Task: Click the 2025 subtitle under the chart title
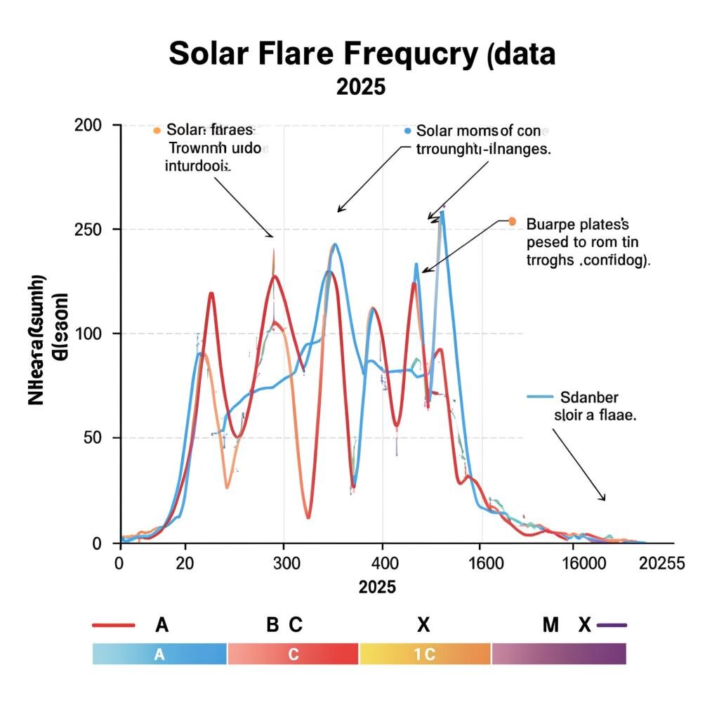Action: coord(361,87)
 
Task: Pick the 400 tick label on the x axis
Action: coord(382,563)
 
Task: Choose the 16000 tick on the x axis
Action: coord(583,563)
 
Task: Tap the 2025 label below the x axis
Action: coord(377,587)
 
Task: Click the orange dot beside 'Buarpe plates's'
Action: coord(511,222)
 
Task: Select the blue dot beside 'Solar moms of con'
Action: coord(407,131)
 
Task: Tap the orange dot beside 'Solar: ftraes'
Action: coord(157,131)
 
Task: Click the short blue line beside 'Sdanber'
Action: coord(541,397)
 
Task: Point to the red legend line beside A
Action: coord(113,625)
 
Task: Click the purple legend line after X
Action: coord(610,625)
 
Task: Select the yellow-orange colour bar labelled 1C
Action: coord(425,654)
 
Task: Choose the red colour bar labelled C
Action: coord(293,654)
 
